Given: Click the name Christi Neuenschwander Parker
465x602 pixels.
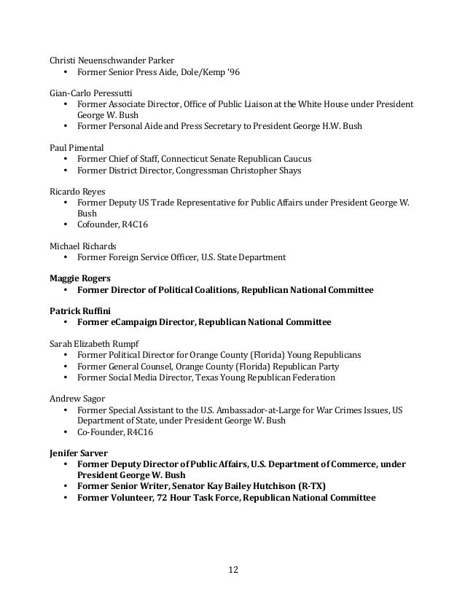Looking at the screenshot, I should click(112, 59).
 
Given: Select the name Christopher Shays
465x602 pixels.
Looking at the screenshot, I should click(264, 171).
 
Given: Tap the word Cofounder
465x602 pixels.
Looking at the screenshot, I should click(98, 225).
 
